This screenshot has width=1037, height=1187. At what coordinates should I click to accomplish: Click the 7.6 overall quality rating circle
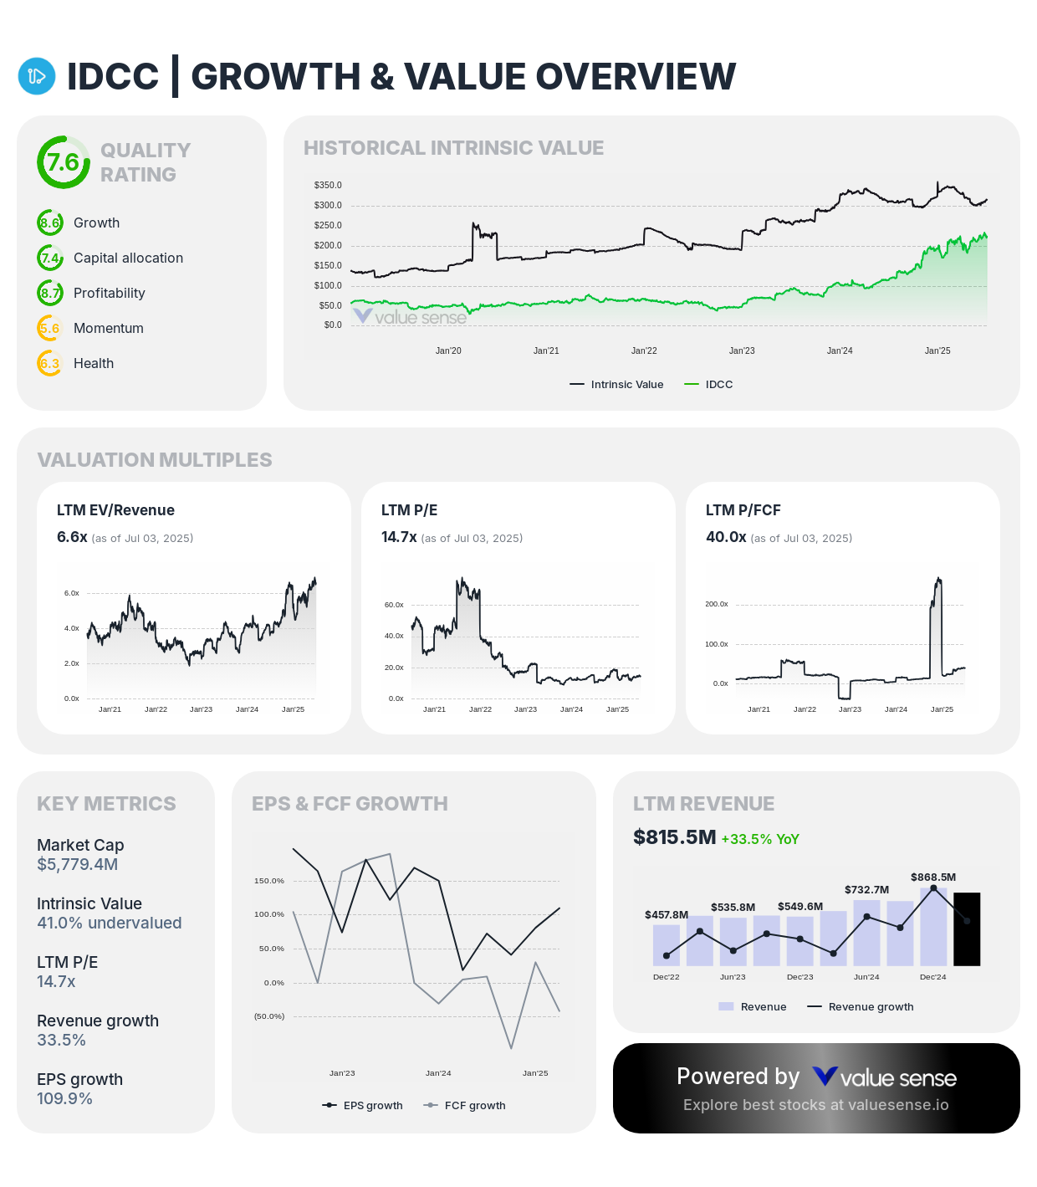pos(64,162)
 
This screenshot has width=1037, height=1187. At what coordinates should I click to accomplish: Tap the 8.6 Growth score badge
pos(50,223)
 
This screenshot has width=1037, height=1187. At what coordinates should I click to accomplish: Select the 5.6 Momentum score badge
pos(50,329)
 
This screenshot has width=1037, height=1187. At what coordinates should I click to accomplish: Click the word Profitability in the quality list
pos(109,294)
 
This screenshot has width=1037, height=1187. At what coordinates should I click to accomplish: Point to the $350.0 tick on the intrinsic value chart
pos(328,185)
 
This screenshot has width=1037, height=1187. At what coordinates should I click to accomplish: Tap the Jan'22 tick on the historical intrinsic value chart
pos(644,351)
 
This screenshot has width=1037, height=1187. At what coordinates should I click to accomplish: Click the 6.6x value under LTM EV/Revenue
pos(72,537)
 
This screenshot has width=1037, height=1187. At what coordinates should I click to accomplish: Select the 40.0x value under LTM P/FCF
pos(726,537)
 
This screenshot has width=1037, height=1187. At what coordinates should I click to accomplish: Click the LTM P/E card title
pos(409,510)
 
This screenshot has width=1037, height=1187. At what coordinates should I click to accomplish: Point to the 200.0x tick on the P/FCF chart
pos(717,604)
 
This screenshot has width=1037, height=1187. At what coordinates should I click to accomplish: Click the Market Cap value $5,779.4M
pos(77,865)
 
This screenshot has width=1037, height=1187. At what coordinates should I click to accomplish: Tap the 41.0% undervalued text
pos(109,924)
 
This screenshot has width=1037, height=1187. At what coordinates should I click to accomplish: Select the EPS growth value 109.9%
pos(64,1099)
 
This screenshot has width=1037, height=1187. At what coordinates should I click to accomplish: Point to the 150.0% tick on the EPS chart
pos(269,881)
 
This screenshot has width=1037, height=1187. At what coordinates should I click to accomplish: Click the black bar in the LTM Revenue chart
pos(967,929)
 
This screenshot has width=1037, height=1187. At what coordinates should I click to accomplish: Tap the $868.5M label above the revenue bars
pos(933,877)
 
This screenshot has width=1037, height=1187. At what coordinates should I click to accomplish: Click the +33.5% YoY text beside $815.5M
pos(760,839)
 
